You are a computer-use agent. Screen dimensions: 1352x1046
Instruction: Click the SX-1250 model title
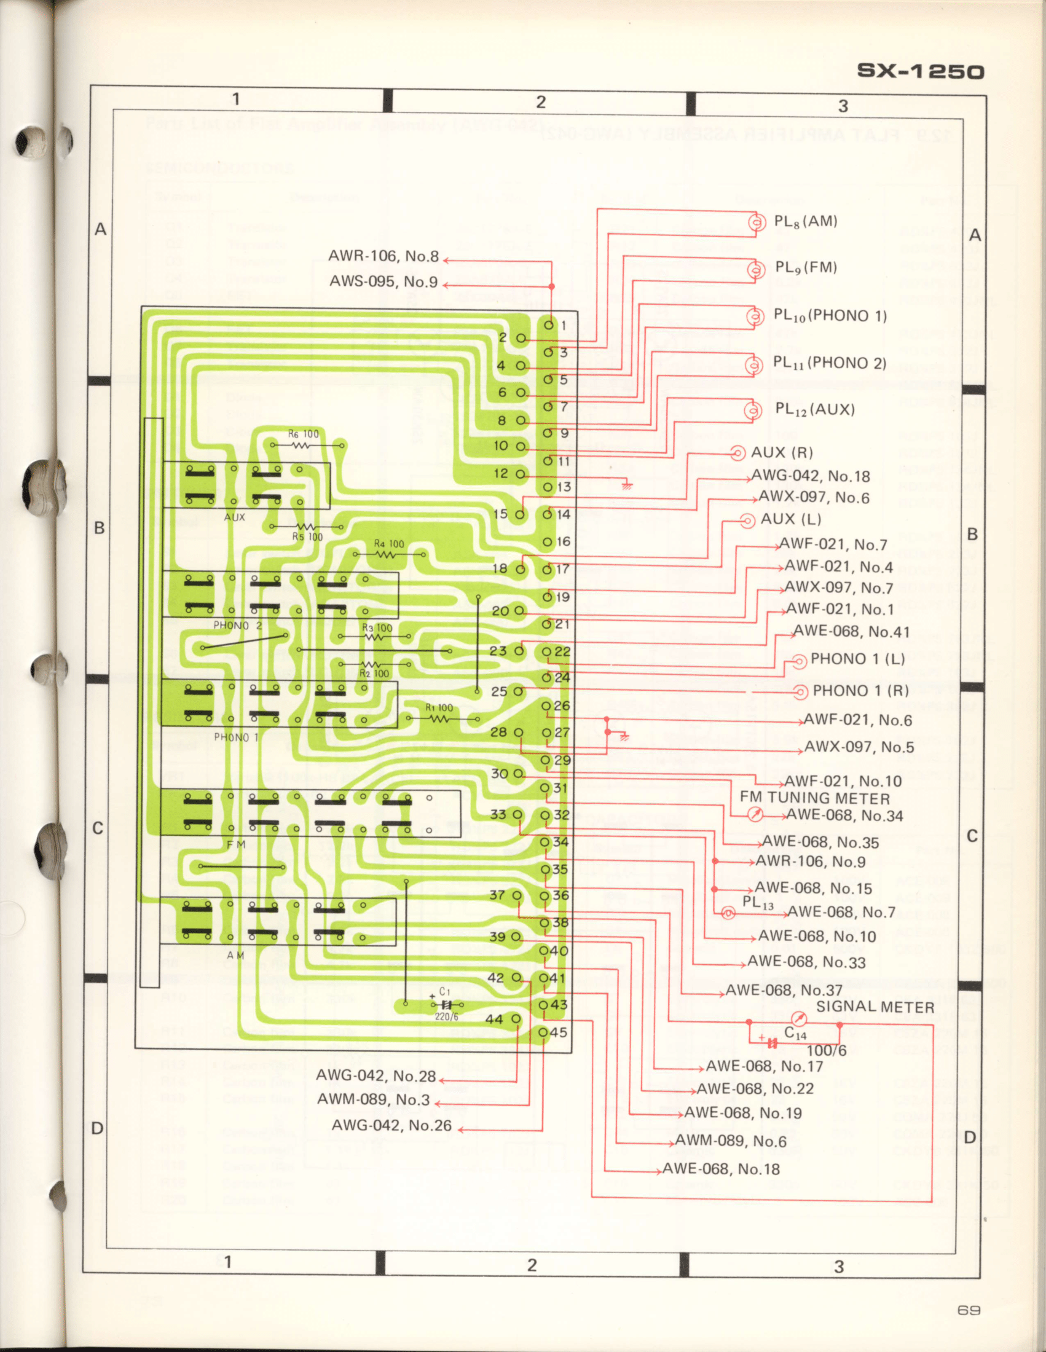pos(920,71)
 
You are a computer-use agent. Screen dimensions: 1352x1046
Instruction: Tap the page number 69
pos(969,1310)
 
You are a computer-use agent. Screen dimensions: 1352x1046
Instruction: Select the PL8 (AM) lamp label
pos(805,222)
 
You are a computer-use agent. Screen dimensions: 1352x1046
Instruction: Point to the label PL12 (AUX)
pos(814,409)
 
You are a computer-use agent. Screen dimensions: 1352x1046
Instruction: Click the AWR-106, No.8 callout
pos(383,256)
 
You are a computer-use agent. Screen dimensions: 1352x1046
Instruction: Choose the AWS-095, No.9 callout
pos(383,281)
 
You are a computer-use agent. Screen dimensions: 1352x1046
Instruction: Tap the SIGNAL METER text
pos(875,1007)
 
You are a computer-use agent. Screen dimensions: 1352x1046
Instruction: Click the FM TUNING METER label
pos(814,798)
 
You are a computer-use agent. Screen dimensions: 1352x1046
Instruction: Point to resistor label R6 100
pos(303,434)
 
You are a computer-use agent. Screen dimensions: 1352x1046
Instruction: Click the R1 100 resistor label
pos(439,707)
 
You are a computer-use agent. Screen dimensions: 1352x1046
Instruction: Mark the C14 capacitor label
pos(795,1033)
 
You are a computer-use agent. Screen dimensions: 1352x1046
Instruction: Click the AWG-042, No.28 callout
pos(376,1076)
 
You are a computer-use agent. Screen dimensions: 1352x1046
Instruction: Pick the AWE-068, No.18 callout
pos(720,1169)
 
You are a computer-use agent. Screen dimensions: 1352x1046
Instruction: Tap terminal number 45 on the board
pos(558,1032)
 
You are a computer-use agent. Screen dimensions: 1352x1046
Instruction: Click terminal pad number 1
pos(549,324)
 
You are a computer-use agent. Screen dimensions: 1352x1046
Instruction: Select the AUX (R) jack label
pos(781,452)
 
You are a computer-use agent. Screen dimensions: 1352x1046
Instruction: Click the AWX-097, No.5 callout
pos(859,747)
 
